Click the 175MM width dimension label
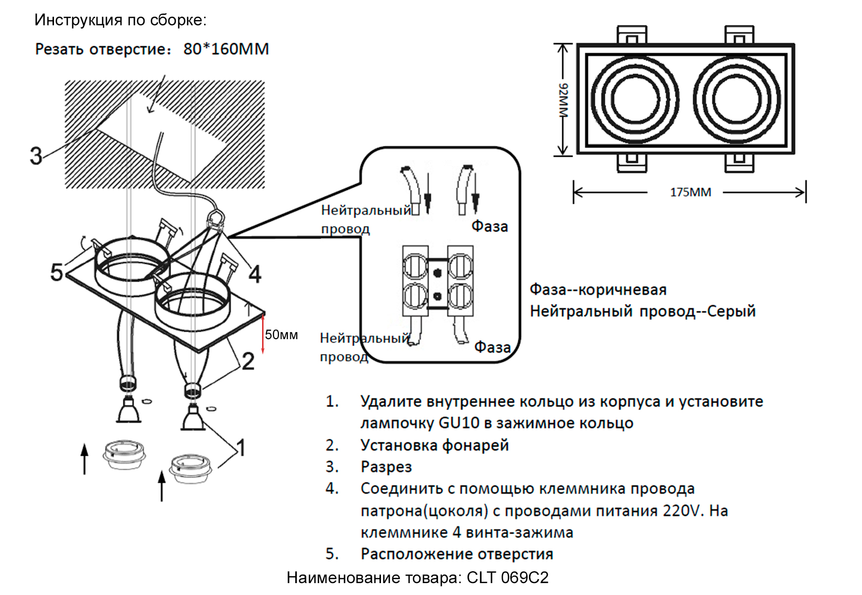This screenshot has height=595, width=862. (690, 192)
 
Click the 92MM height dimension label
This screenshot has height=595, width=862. (564, 100)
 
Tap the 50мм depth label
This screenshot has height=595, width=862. (281, 335)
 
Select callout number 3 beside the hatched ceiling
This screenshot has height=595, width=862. (36, 156)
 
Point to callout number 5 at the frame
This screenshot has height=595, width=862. (56, 272)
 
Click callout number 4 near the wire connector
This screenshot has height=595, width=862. (255, 274)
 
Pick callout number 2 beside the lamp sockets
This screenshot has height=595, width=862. (248, 361)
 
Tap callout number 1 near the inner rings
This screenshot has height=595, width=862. (241, 448)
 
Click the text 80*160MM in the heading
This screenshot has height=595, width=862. (226, 49)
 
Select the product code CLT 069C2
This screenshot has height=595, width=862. (507, 578)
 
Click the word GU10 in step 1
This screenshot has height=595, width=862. (459, 423)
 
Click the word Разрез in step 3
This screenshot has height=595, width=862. (386, 467)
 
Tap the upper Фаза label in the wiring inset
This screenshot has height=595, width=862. (489, 227)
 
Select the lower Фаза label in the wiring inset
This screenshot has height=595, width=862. (492, 347)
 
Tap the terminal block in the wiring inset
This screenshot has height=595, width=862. (437, 281)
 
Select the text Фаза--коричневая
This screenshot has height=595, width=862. (598, 290)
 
